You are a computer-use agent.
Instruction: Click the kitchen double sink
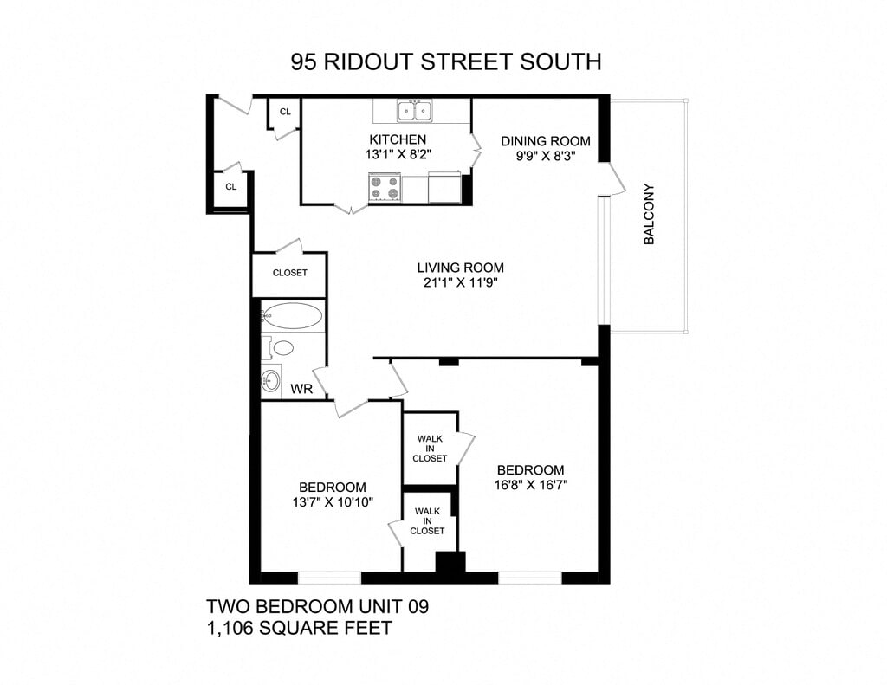pos(414,111)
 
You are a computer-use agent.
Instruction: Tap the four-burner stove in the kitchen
pos(385,187)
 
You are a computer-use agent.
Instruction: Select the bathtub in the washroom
pos(292,315)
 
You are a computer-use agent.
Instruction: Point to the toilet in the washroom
pos(282,348)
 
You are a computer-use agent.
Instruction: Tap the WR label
pos(301,389)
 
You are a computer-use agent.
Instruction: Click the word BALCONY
pos(649,215)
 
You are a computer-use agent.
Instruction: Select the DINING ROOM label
pos(546,141)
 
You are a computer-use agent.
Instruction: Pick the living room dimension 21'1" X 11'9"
pos(460,282)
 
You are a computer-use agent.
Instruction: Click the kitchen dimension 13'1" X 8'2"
pos(398,154)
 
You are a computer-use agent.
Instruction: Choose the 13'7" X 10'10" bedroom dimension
pos(333,502)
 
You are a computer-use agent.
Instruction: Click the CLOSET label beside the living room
pos(289,273)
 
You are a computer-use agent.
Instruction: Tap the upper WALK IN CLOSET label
pos(430,449)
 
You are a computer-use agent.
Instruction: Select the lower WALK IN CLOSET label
pos(429,521)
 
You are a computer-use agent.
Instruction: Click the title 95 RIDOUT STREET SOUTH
pos(446,62)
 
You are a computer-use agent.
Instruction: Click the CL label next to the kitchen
pos(285,113)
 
